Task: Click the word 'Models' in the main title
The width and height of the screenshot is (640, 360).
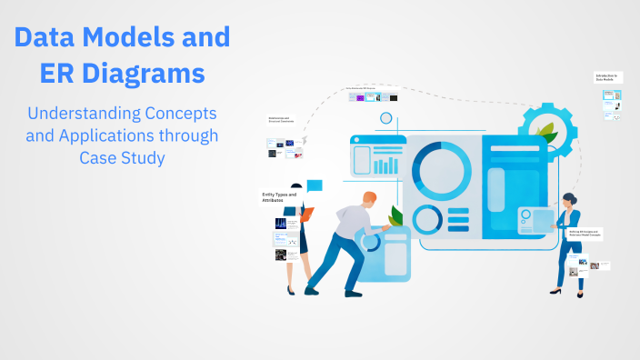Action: (144, 37)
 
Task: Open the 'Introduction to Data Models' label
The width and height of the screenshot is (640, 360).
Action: (607, 77)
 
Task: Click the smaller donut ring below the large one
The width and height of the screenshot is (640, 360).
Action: (426, 219)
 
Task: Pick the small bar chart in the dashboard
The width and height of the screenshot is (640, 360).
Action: (386, 165)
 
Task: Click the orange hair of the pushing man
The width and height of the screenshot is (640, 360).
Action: (369, 197)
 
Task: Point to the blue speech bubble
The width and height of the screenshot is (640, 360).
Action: (315, 186)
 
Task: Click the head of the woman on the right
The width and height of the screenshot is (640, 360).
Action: (568, 199)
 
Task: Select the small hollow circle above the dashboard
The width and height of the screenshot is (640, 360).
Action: (386, 118)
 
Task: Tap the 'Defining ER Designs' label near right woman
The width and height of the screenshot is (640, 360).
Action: (582, 234)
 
